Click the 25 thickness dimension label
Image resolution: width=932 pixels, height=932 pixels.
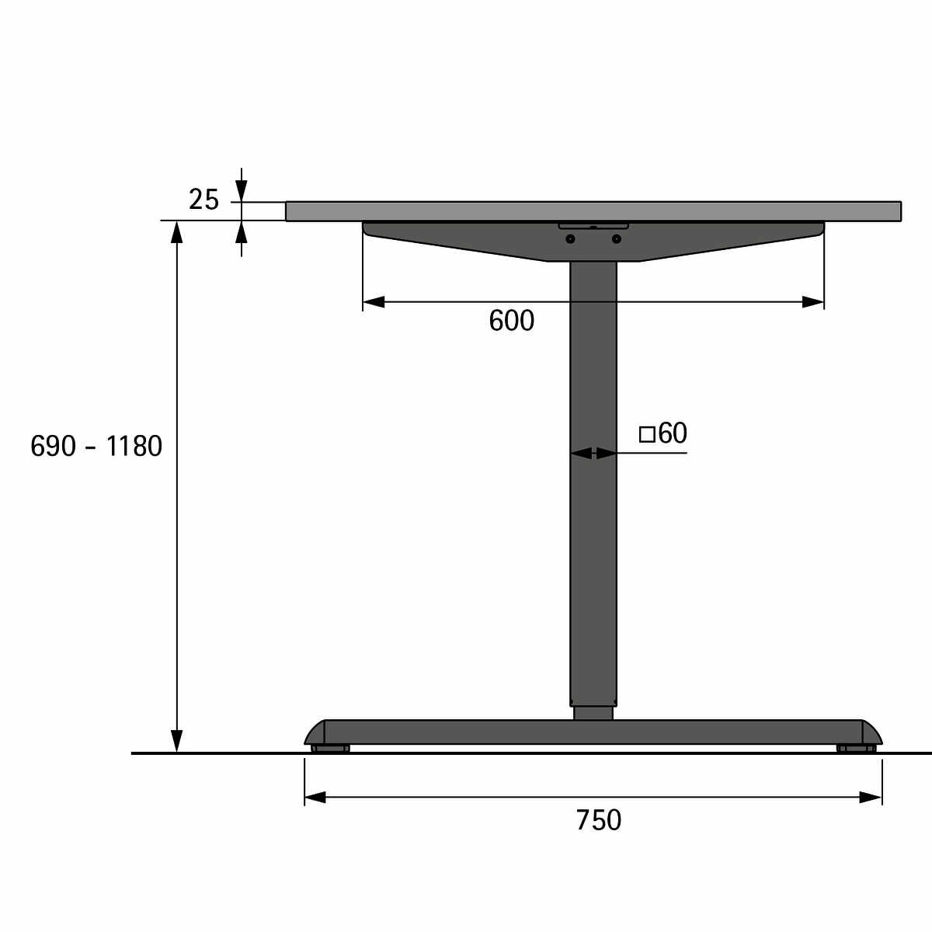pos(203,200)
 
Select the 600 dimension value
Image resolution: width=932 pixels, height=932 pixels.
pos(511,321)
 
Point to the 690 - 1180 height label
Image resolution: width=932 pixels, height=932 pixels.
pos(96,446)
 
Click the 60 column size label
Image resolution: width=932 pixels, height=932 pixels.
pos(673,433)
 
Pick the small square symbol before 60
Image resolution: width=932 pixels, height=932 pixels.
pos(647,434)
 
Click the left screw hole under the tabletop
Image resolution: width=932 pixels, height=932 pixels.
pos(571,239)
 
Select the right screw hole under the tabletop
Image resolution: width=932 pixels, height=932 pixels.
pos(616,239)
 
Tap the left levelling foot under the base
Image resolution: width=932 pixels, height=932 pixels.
pos(330,749)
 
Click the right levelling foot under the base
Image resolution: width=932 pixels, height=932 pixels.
pos(856,749)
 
